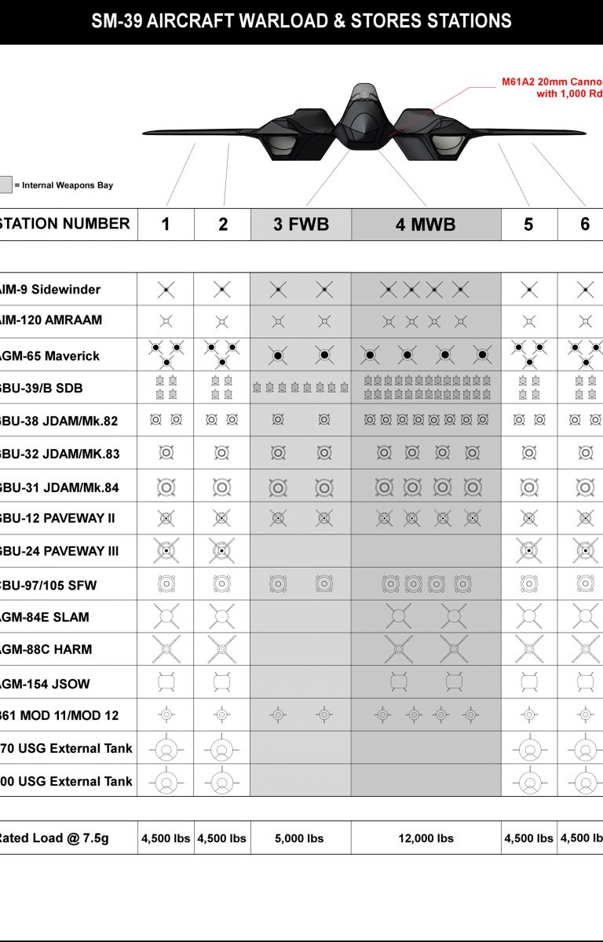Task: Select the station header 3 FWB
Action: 301,225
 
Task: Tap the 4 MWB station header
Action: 426,225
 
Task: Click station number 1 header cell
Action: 166,225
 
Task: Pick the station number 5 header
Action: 528,225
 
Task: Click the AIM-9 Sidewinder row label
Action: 51,290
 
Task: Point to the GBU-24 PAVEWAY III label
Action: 59,551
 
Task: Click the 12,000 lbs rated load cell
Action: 426,838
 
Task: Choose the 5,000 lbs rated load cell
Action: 301,838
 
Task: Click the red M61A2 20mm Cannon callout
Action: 551,87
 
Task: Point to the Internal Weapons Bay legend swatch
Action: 5,185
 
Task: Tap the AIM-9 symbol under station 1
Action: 166,290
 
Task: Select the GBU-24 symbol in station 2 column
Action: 222,551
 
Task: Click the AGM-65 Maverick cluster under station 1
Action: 166,354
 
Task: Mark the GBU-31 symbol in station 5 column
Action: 529,487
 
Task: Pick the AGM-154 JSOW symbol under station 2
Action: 222,682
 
